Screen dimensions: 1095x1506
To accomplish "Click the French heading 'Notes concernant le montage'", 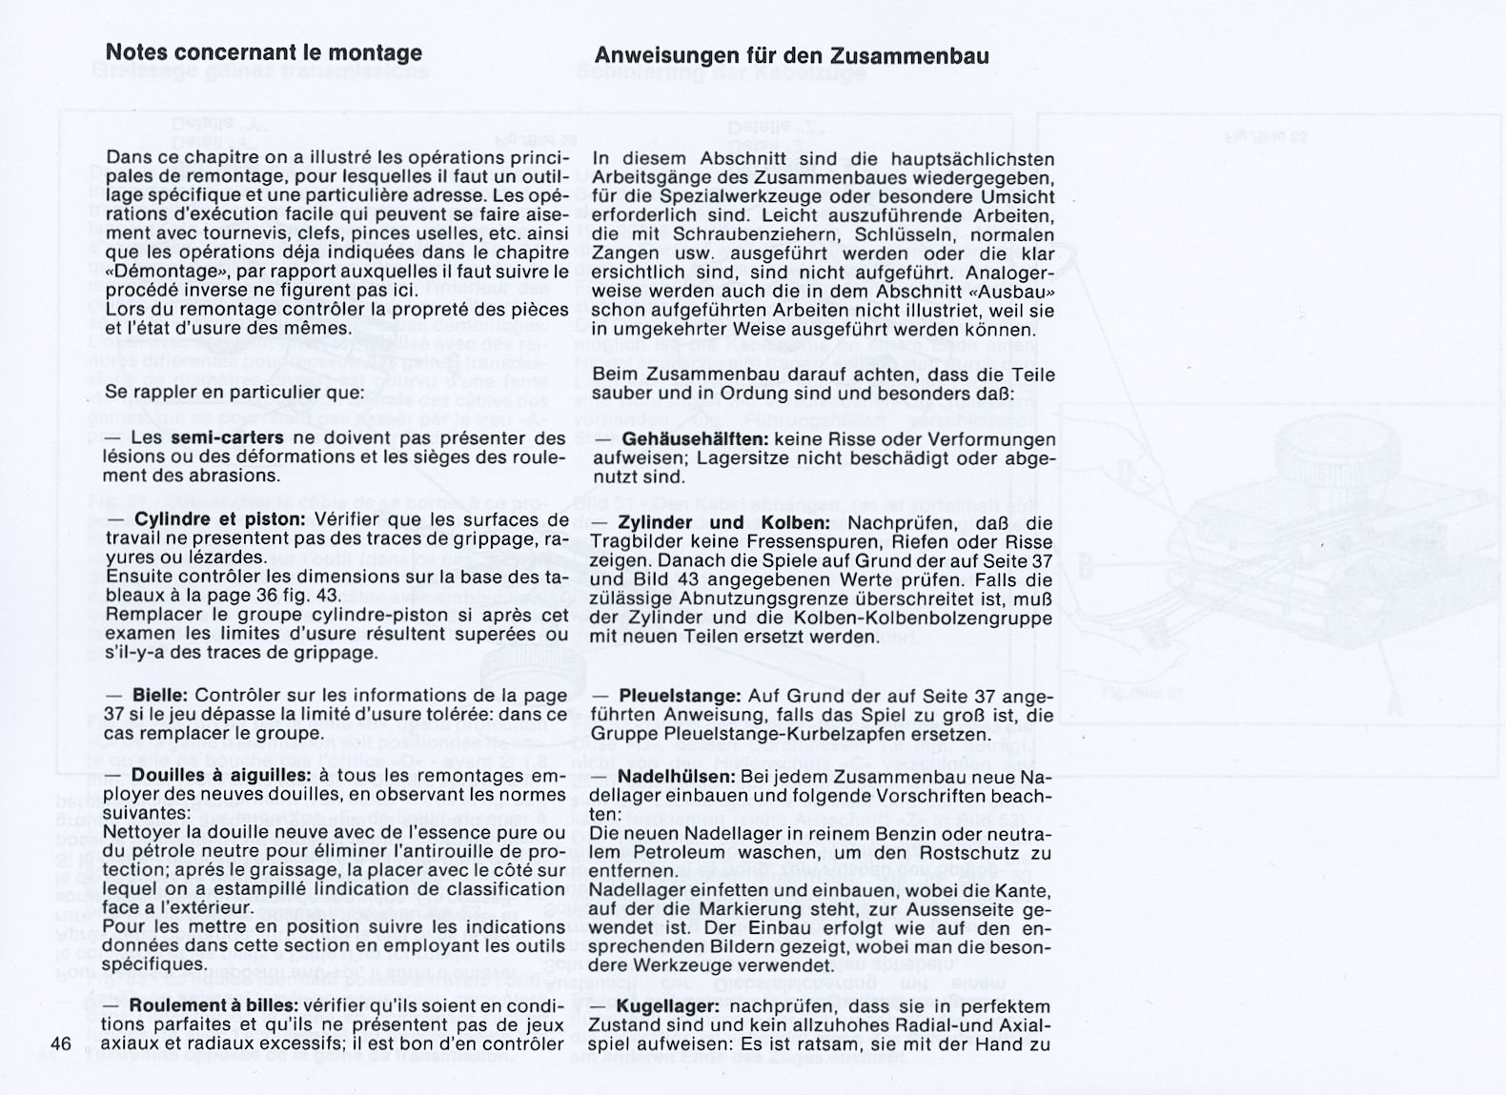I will (x=263, y=52).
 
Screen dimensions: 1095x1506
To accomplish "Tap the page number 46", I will (x=62, y=1044).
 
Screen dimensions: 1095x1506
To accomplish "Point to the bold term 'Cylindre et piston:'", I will (x=219, y=520).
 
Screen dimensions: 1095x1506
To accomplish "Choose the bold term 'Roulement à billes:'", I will (x=214, y=1006).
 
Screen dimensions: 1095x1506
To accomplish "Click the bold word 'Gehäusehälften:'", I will (x=696, y=440).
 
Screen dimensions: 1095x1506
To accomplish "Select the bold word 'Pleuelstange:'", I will (x=680, y=698).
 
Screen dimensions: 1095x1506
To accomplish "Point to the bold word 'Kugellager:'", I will (x=671, y=1007).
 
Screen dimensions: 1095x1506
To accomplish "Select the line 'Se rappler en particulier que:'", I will (x=234, y=392).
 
